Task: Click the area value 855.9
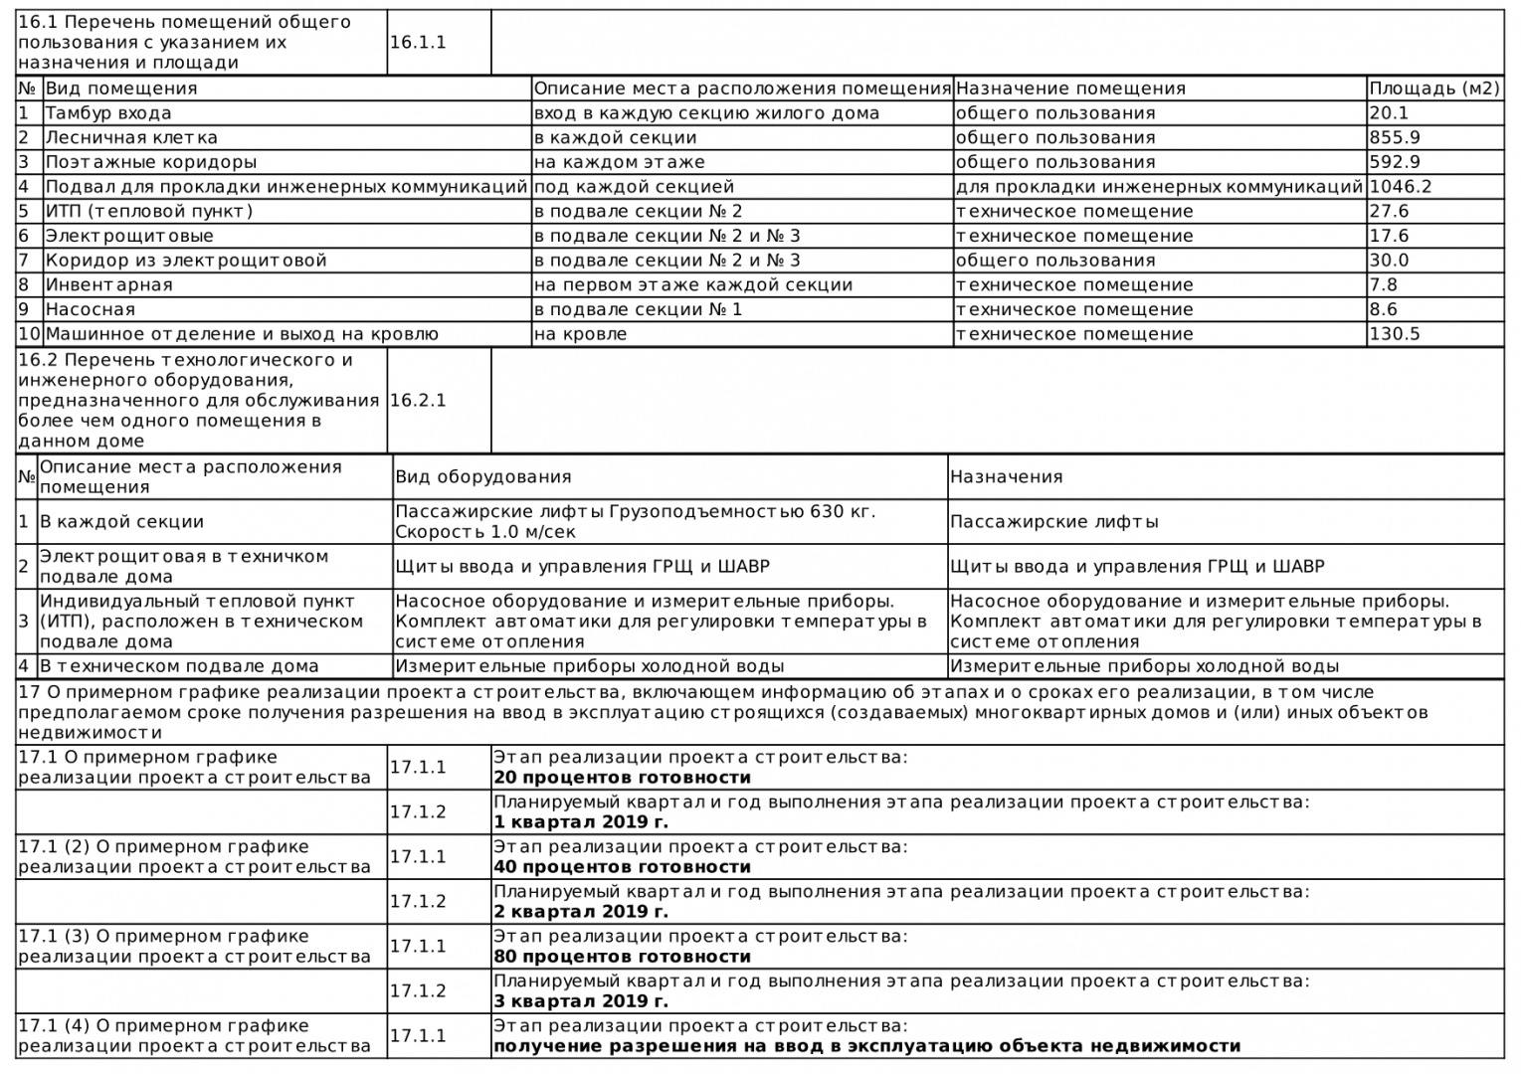1395,137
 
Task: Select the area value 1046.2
1401,186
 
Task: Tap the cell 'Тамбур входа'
108,113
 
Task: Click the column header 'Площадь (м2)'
1433,89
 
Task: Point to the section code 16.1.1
418,43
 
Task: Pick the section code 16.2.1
418,401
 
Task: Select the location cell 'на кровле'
580,334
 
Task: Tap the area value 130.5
1395,334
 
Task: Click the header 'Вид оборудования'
483,477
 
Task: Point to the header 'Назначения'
1006,477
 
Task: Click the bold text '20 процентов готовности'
622,778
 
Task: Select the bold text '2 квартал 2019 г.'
581,912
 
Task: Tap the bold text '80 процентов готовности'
622,957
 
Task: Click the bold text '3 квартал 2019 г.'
581,1001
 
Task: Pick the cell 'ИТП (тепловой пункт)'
149,211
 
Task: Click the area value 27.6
1390,211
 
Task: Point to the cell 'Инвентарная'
109,284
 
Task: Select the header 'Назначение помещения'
1070,89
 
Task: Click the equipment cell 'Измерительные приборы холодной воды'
589,666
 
